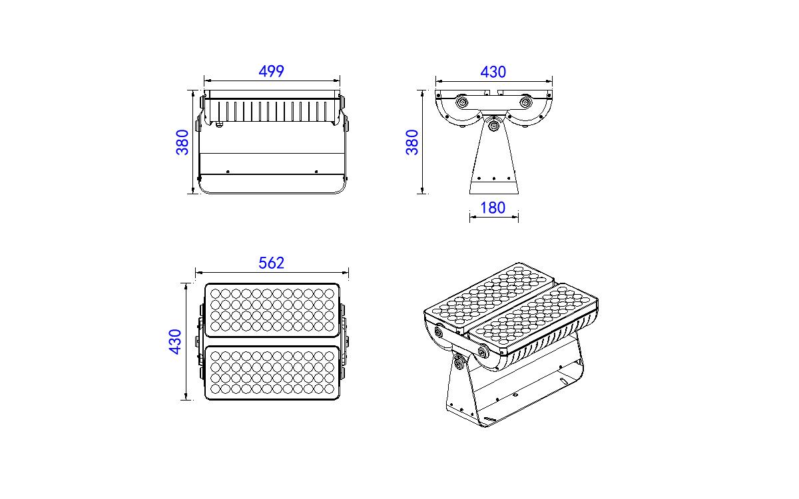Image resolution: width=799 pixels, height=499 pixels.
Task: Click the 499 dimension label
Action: coord(271,71)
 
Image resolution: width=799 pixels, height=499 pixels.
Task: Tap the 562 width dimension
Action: coord(271,263)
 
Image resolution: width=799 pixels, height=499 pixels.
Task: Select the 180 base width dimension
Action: coord(493,208)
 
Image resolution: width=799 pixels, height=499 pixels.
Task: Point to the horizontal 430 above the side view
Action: coord(493,72)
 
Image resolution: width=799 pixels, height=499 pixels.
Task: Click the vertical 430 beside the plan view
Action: coord(175,341)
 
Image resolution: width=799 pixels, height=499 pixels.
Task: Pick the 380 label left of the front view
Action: coord(182,142)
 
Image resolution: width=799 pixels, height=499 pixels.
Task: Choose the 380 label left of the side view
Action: coord(412,142)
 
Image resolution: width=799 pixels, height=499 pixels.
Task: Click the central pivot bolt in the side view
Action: coord(493,126)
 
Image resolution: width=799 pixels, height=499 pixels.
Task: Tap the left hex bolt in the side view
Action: coord(462,103)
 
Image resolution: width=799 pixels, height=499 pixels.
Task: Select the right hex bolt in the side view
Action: coord(525,103)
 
